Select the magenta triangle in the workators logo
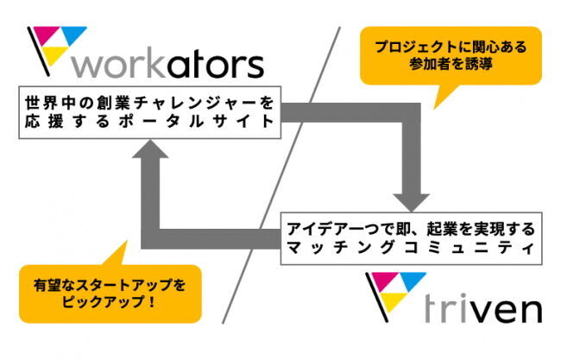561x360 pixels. click(41, 36)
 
